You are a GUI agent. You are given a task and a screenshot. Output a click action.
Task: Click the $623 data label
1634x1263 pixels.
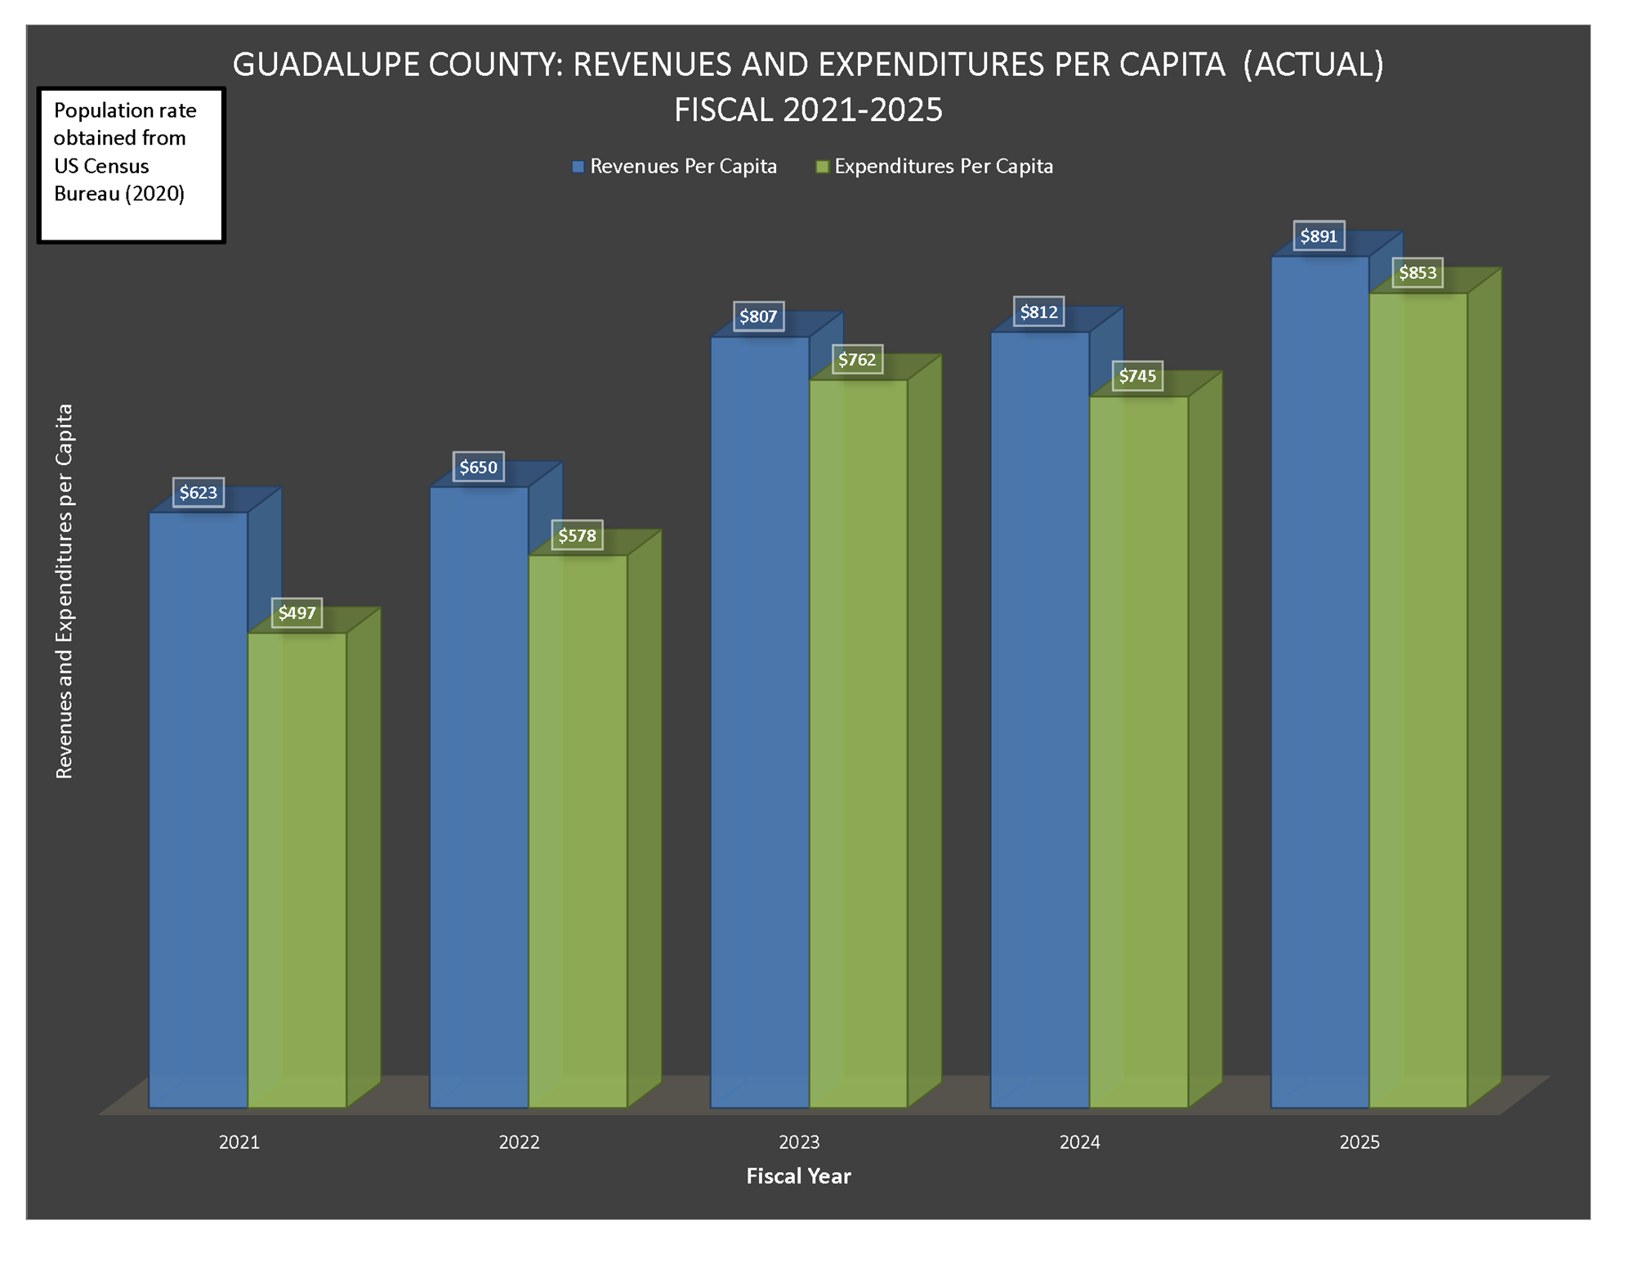(199, 492)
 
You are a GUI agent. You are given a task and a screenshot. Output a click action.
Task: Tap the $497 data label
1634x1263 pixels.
(297, 613)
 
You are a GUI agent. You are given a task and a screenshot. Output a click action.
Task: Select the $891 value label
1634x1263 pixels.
(1319, 236)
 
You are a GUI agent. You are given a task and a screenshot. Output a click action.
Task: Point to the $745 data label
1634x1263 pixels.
(1137, 376)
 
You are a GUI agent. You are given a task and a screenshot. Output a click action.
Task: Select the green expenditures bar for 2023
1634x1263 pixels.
(858, 744)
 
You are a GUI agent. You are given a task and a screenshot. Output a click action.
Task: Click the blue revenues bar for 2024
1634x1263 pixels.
(1039, 719)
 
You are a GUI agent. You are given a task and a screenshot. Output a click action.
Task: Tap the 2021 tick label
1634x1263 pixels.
(239, 1142)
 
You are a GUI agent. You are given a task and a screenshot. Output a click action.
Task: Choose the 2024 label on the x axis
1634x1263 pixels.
(1079, 1142)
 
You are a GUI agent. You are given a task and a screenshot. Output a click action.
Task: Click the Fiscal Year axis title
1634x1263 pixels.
(798, 1176)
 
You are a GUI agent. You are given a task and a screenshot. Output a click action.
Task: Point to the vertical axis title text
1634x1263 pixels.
(65, 591)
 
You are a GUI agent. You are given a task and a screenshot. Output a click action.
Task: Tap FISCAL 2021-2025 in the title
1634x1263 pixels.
(808, 110)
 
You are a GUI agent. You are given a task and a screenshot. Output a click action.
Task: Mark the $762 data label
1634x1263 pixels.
(857, 360)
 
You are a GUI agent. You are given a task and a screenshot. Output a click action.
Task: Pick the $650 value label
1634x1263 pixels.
(478, 468)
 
